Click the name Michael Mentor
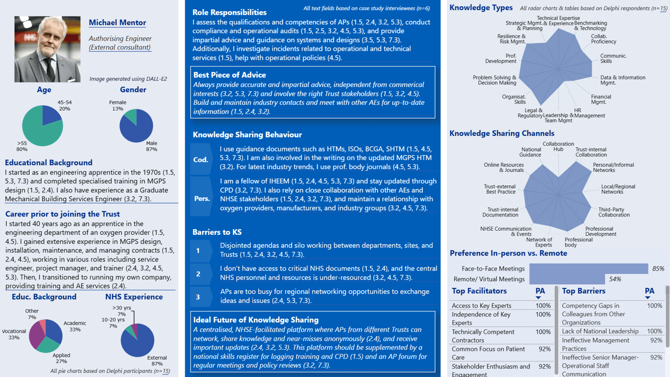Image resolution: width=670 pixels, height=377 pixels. point(117,23)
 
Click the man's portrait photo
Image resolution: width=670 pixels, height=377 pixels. point(48,49)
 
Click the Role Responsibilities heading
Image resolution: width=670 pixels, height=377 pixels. point(229,12)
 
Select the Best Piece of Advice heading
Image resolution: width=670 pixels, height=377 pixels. point(229,75)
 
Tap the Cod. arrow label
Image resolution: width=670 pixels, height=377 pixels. point(201,159)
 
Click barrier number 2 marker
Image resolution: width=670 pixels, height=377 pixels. point(198,274)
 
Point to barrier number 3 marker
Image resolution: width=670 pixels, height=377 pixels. point(198,297)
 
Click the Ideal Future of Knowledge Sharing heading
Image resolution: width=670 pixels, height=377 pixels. point(255,320)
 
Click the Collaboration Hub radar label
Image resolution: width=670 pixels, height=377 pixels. point(558,147)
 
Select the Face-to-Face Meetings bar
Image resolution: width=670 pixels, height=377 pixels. point(589,268)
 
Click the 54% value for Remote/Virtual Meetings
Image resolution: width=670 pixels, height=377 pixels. point(615,279)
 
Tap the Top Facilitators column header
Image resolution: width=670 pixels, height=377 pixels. point(479,291)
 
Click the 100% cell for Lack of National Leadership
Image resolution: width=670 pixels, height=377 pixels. point(654,331)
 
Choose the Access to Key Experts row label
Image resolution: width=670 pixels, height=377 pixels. point(482,306)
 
